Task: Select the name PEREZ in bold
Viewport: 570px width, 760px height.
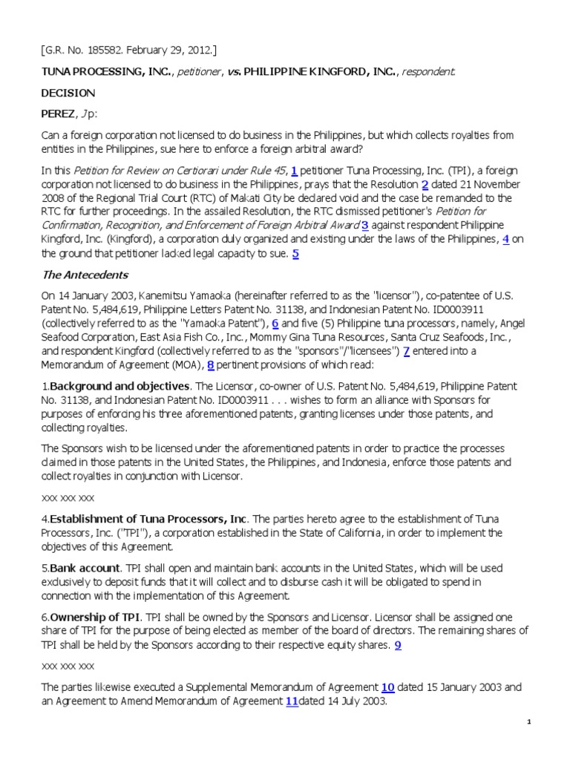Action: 56,114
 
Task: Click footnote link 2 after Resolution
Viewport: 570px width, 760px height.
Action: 425,185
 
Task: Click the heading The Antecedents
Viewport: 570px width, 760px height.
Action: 85,275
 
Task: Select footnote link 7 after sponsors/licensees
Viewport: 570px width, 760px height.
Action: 406,351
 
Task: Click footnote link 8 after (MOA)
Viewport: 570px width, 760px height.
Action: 211,365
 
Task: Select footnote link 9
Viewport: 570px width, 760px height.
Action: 398,646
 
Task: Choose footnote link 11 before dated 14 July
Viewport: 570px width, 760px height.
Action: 292,701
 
